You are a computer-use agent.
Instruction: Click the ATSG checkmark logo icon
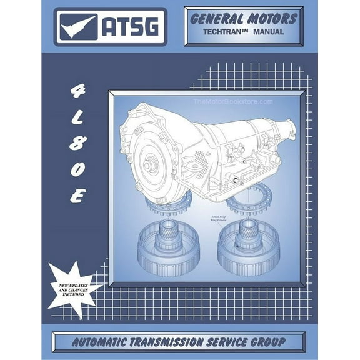pos(79,27)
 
